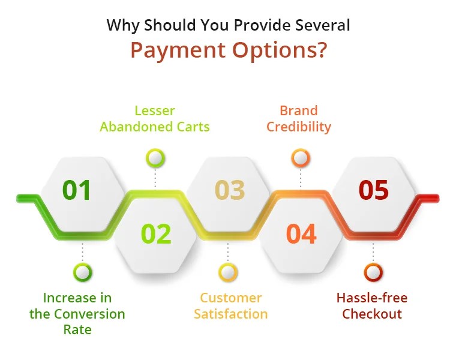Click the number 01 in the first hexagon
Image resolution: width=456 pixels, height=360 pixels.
click(77, 190)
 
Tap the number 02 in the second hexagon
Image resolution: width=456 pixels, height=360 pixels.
click(155, 233)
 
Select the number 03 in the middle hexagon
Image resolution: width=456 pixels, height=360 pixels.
click(230, 190)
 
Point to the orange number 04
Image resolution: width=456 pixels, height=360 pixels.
click(301, 233)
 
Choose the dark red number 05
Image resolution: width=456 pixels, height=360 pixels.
click(374, 190)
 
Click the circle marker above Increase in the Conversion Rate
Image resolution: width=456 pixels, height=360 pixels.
click(83, 272)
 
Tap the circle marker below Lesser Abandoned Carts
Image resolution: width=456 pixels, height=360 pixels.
click(155, 158)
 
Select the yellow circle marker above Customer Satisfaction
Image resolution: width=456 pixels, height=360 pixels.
click(228, 272)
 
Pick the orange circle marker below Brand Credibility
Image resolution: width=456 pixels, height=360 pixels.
click(301, 158)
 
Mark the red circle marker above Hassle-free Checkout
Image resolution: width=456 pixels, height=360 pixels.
click(373, 272)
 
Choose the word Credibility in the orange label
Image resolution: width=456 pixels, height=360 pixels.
click(299, 127)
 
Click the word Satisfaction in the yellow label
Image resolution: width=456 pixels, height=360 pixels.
click(230, 314)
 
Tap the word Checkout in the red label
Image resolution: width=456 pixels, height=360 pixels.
click(372, 314)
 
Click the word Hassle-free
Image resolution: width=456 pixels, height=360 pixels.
click(372, 298)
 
